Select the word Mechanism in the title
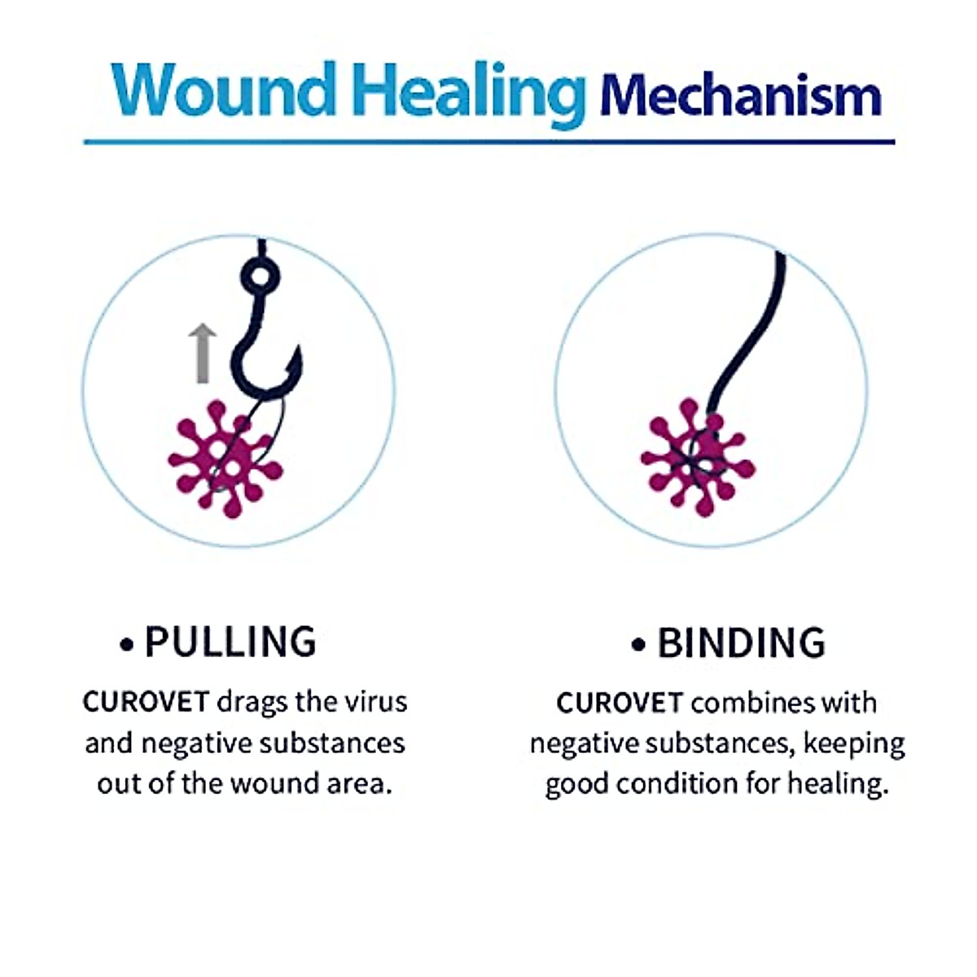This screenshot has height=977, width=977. [740, 96]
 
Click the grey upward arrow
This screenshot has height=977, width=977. [203, 353]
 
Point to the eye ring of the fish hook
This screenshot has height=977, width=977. [260, 278]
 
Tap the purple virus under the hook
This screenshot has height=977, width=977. [226, 459]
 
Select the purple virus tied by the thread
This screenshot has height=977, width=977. [697, 458]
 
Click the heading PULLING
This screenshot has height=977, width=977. [230, 642]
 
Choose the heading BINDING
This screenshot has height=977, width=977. [741, 643]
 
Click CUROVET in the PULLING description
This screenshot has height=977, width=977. [147, 702]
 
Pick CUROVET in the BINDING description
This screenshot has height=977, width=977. [619, 703]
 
